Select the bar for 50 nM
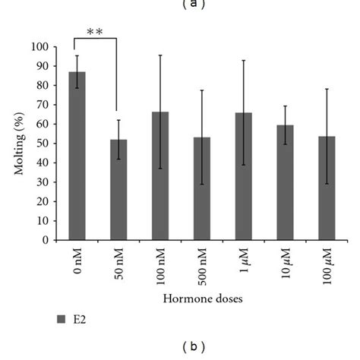tap(118, 190)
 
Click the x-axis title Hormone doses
tap(202, 299)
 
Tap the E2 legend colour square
tap(62, 320)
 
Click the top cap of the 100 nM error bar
tap(159, 55)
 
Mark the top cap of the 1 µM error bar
tap(243, 60)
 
